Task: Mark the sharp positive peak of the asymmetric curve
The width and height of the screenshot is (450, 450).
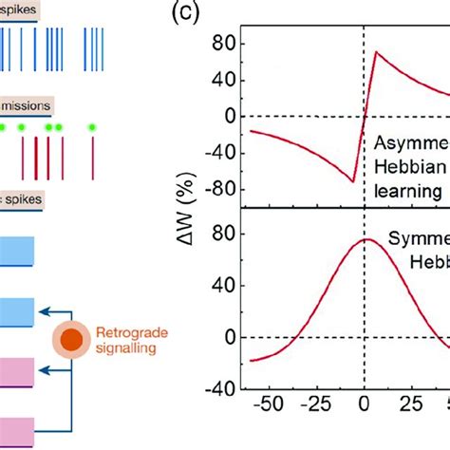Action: (x=376, y=51)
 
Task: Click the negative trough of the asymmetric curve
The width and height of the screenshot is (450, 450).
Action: (x=353, y=180)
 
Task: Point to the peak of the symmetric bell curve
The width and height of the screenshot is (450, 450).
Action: (x=365, y=239)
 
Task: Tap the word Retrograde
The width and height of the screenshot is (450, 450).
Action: (x=129, y=332)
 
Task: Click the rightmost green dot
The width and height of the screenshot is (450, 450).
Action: (x=92, y=126)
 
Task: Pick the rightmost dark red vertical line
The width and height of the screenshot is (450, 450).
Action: (x=93, y=157)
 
